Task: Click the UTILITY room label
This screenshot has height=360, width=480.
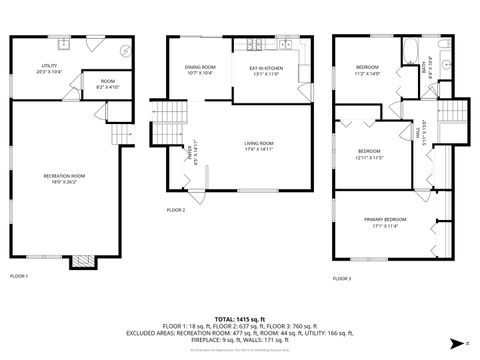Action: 48,70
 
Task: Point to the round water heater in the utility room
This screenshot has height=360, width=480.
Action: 125,49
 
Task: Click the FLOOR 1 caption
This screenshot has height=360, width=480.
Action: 19,275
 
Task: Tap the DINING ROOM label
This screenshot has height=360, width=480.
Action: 199,70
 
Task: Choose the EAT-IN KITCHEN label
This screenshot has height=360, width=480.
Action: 266,70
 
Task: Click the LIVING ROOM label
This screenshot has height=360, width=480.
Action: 259,146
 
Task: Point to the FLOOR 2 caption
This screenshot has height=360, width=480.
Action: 176,210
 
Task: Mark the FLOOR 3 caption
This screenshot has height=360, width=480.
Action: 342,278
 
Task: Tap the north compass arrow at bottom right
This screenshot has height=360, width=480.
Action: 458,343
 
